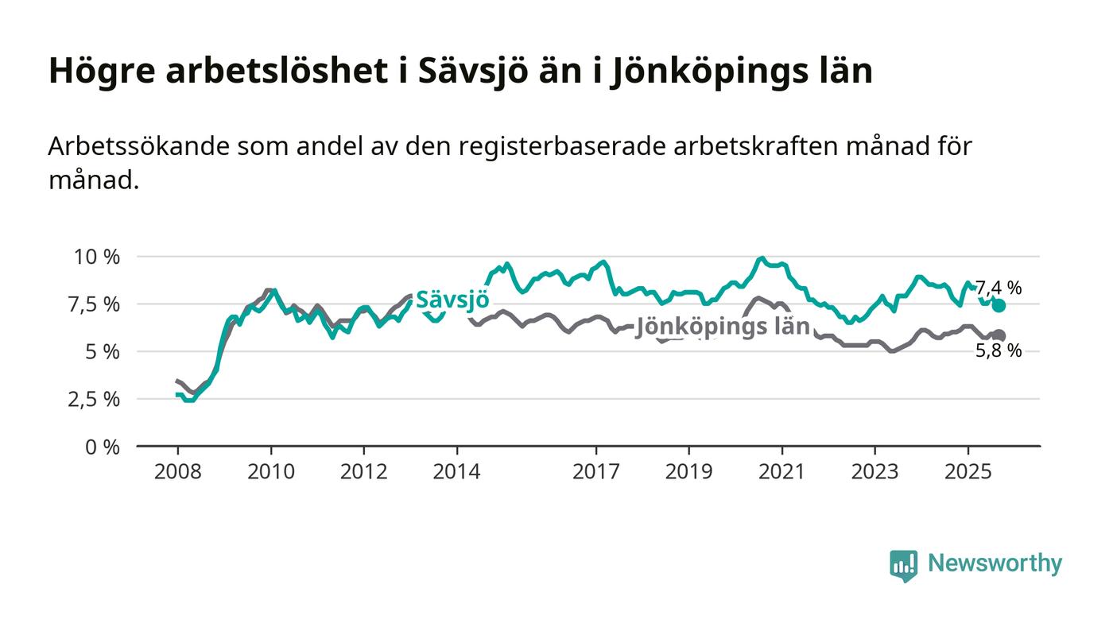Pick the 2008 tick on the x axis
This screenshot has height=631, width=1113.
click(x=177, y=471)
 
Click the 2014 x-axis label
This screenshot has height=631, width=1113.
click(x=456, y=471)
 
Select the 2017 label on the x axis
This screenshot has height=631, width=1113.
click(x=596, y=471)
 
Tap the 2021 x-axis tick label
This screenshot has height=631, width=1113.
click(x=782, y=471)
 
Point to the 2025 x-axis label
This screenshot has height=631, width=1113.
click(x=968, y=471)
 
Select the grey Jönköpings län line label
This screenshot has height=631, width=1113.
click(x=723, y=327)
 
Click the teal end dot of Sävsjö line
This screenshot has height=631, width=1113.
click(x=999, y=306)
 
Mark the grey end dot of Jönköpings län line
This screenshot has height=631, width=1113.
click(x=999, y=335)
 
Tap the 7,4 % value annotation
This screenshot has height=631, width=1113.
click(x=999, y=288)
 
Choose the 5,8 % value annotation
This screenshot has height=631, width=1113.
click(x=999, y=350)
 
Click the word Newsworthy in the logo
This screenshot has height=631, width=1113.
click(x=995, y=563)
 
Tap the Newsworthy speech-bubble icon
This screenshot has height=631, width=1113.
click(x=903, y=565)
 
